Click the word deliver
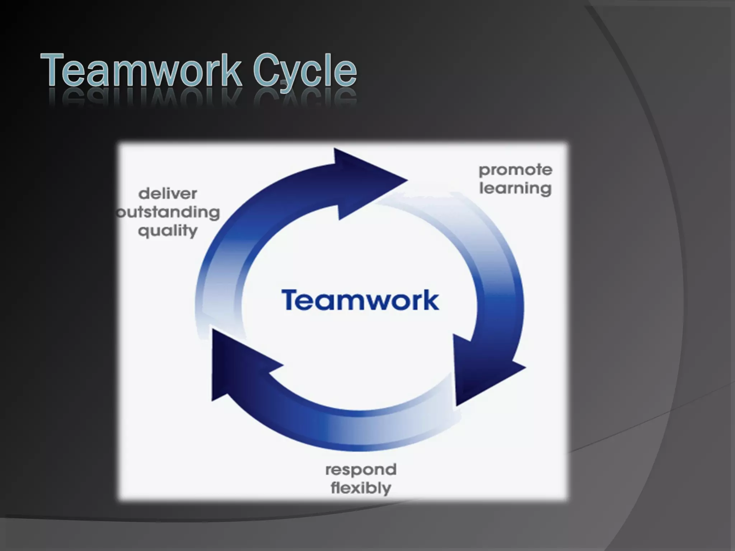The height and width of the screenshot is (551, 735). tap(168, 194)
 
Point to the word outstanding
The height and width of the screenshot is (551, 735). tap(168, 212)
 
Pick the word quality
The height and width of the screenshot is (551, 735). tap(168, 231)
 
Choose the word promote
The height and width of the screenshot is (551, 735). tap(515, 170)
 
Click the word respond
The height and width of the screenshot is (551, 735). tap(361, 469)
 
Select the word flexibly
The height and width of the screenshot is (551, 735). tap(361, 488)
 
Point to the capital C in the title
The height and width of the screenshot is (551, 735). tap(266, 70)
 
